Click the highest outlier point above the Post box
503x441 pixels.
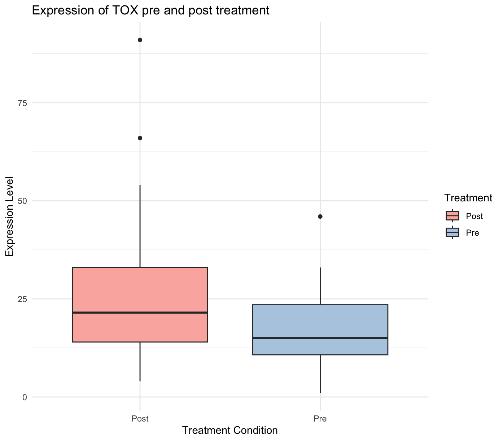pos(140,40)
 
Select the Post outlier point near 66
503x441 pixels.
pos(140,138)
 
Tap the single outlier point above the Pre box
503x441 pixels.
pos(320,217)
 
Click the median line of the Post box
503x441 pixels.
pos(140,313)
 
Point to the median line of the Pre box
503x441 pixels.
pos(320,338)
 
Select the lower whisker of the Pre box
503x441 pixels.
pos(320,374)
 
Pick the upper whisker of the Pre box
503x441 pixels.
pos(320,286)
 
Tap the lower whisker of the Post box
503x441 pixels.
pos(140,361)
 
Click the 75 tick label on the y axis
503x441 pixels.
pos(22,103)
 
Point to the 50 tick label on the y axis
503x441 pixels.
pos(22,201)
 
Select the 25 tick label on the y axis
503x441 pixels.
pos(22,299)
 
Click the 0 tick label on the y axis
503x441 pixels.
pos(25,397)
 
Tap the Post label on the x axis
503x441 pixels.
pos(140,419)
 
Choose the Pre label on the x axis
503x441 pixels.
pos(320,419)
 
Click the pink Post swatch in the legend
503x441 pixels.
pos(452,216)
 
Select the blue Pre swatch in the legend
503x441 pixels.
pos(452,232)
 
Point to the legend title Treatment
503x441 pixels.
pos(468,198)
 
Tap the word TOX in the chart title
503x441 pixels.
pos(108,10)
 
